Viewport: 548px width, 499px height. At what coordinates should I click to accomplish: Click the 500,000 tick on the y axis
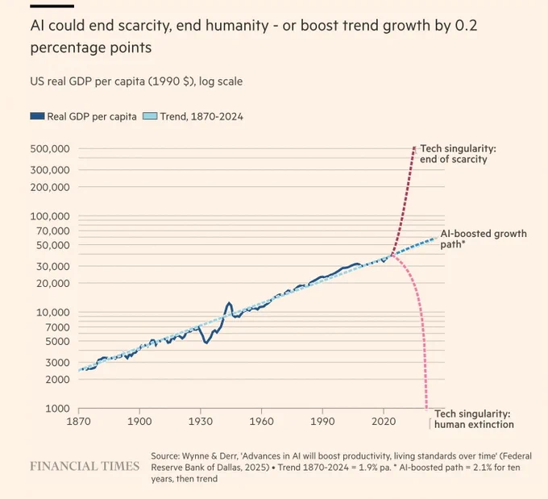click(50, 148)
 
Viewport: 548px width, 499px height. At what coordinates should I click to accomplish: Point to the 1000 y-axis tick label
click(58, 409)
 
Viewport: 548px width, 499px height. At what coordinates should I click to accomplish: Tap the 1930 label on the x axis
click(200, 421)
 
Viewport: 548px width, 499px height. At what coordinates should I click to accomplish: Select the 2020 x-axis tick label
click(384, 421)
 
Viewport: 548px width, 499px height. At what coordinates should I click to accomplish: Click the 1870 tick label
click(79, 421)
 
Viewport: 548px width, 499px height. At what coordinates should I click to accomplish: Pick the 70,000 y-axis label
click(53, 231)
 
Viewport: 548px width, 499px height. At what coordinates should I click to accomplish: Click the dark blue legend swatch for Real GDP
click(37, 116)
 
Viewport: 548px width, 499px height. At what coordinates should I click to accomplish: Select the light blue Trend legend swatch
click(150, 116)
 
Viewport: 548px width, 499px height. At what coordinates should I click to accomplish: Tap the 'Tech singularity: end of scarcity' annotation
click(458, 154)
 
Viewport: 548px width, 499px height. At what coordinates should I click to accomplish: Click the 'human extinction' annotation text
click(474, 425)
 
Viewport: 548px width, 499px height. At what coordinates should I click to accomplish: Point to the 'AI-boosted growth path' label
click(484, 239)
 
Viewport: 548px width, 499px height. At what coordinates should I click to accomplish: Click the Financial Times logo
click(85, 466)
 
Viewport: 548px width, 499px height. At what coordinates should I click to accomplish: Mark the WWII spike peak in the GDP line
click(229, 303)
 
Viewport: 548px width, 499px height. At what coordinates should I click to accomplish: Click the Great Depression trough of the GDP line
click(206, 343)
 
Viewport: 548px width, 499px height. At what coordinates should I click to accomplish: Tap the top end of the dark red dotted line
click(414, 148)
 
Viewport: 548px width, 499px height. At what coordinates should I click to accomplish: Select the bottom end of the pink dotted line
click(426, 409)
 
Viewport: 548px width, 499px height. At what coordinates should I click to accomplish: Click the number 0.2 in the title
click(467, 26)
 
